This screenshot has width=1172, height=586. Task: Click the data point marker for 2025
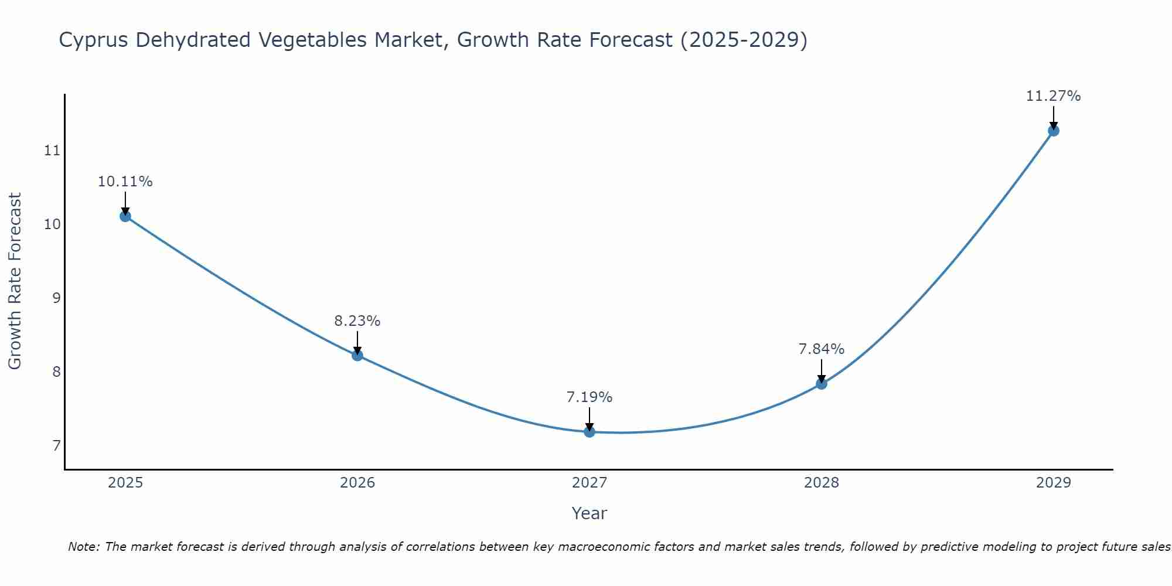[x=125, y=216]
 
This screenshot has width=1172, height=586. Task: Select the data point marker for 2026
[x=357, y=355]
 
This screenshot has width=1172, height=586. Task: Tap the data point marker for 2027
[x=590, y=432]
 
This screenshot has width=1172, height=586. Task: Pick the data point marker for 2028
[x=822, y=384]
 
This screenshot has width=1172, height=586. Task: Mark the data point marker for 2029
[x=1054, y=131]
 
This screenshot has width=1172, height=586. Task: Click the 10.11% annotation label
[x=125, y=182]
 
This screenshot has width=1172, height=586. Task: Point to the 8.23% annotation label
[x=357, y=321]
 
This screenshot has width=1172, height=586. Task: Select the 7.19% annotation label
[x=590, y=397]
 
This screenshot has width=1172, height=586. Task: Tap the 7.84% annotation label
[x=822, y=349]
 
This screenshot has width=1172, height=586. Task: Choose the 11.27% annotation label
[x=1054, y=96]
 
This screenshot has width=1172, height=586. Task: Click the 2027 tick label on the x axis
[x=590, y=483]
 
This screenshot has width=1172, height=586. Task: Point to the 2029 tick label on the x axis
[x=1054, y=483]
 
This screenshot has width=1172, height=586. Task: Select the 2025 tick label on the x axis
[x=125, y=483]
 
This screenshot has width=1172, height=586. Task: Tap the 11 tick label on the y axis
[x=52, y=151]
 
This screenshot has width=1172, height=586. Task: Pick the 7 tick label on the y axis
[x=56, y=446]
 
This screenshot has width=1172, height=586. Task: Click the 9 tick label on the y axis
[x=56, y=298]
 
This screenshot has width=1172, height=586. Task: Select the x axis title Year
[x=590, y=513]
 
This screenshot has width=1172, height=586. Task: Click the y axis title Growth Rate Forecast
[x=15, y=281]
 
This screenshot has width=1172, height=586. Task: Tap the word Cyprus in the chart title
[x=94, y=40]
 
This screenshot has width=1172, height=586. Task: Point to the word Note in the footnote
[x=84, y=547]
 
